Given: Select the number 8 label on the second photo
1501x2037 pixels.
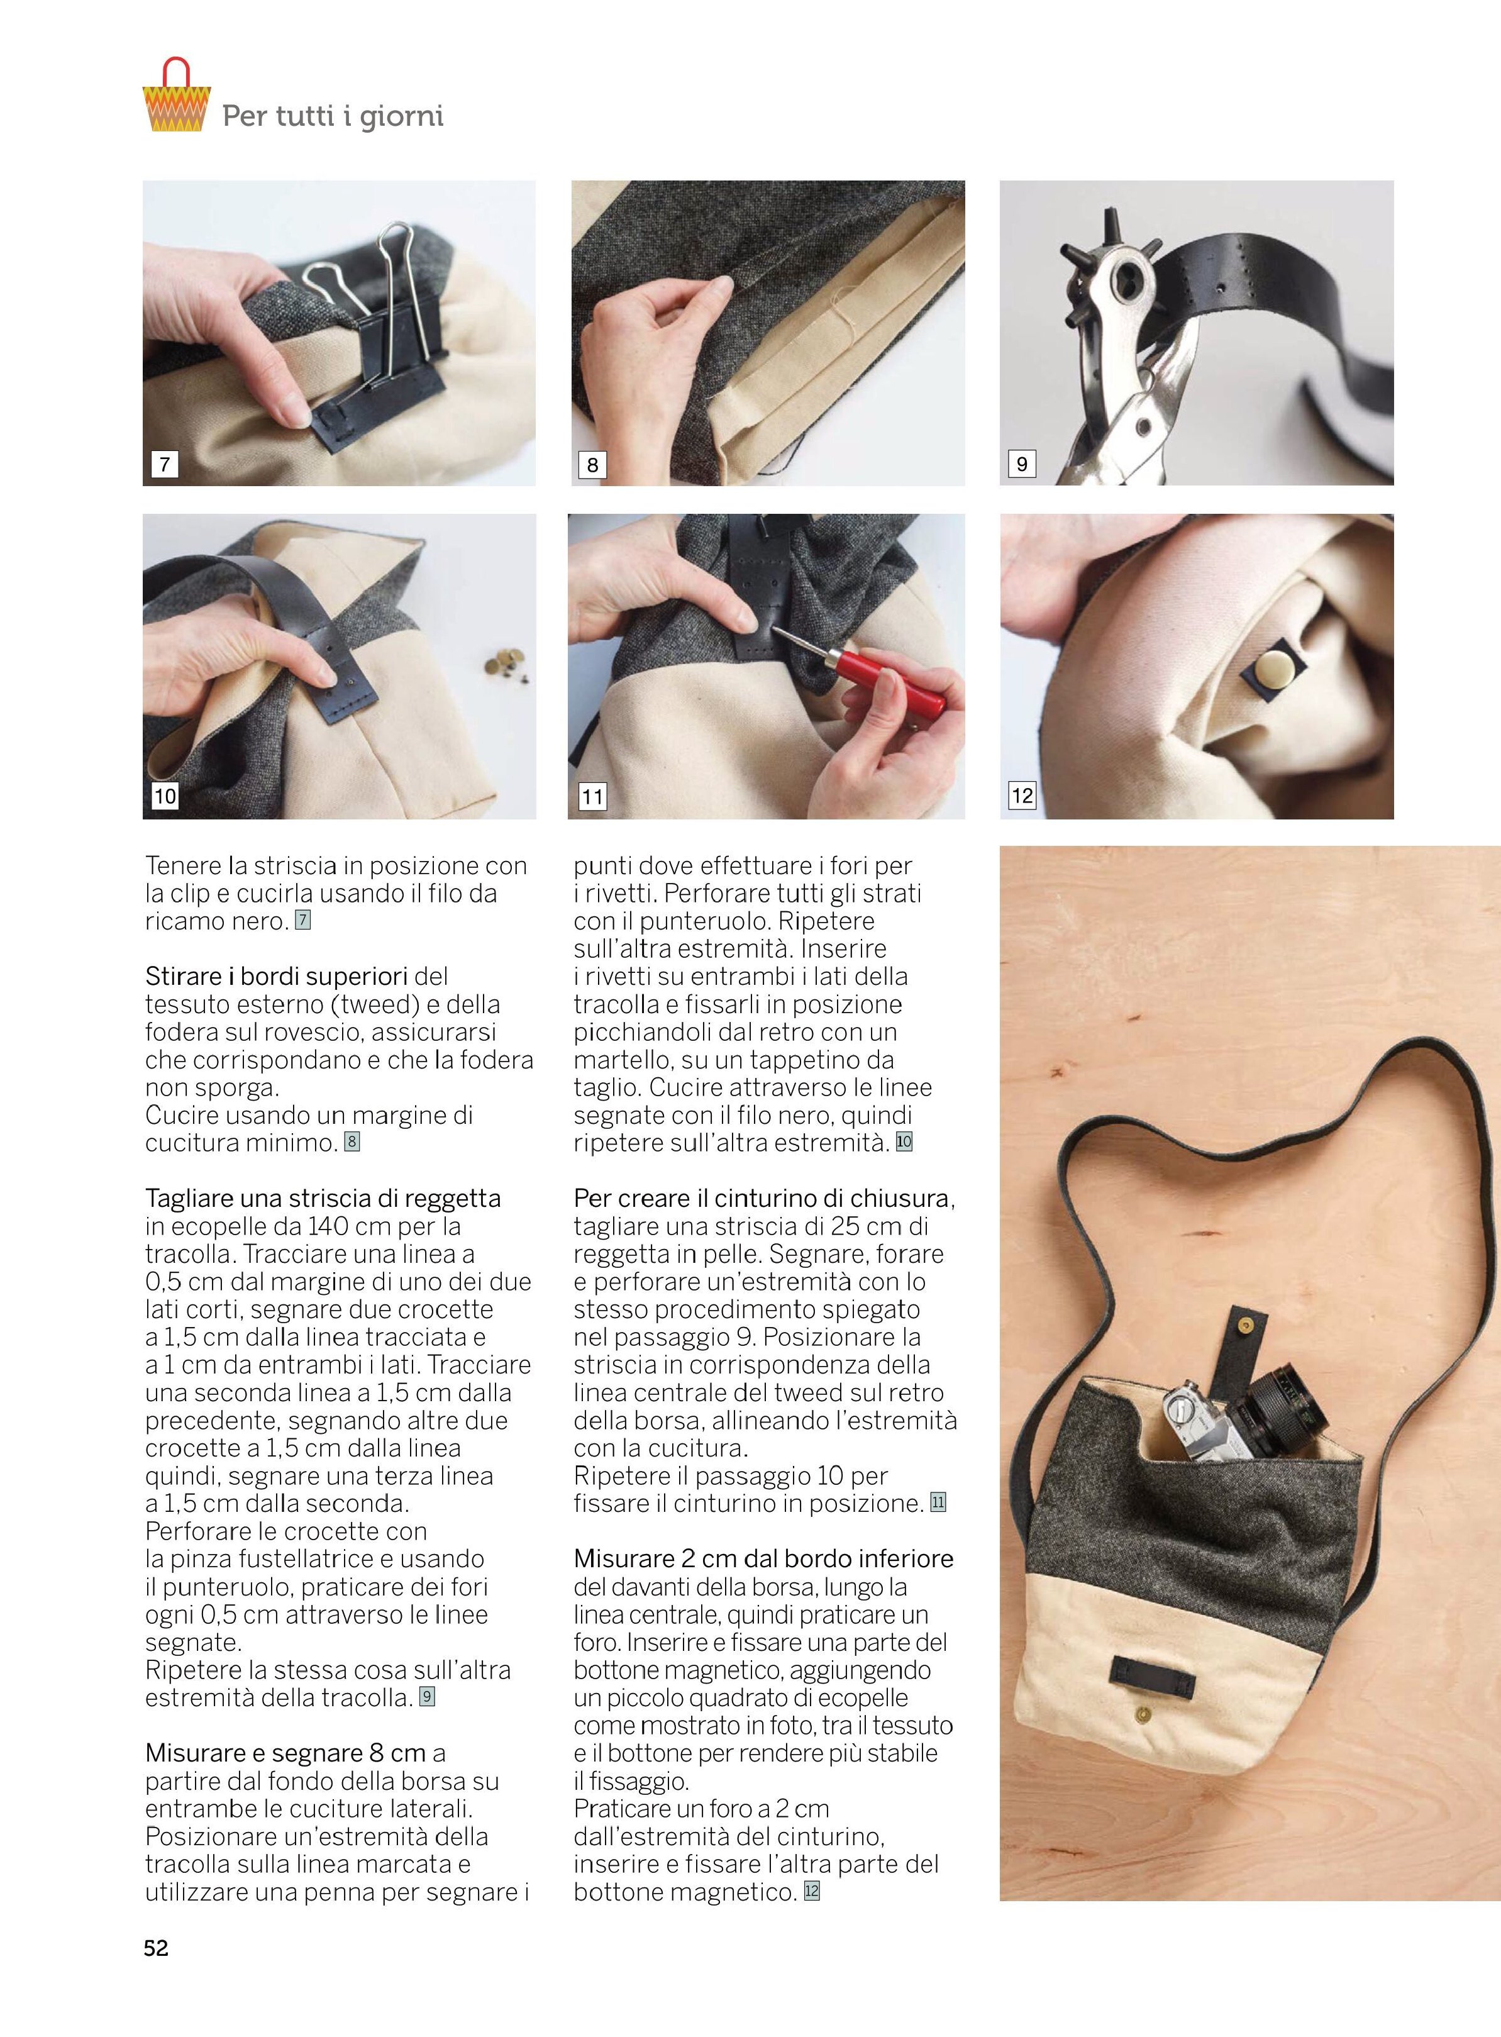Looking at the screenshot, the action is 592,464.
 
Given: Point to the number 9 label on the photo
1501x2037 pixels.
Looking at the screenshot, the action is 1021,463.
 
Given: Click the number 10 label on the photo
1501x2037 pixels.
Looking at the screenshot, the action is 165,797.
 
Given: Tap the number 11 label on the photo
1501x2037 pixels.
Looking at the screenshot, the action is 592,797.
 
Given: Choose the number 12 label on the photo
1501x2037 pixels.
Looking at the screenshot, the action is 1022,796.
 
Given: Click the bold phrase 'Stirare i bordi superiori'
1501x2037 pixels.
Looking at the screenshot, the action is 276,977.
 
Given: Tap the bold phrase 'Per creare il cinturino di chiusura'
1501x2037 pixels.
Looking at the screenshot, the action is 763,1199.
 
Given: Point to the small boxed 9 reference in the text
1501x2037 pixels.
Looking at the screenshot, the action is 426,1697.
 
